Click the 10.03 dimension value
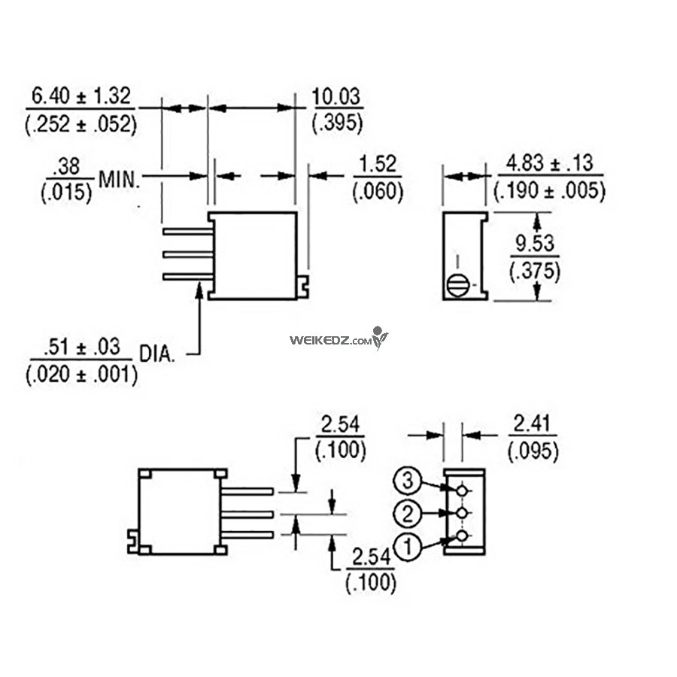pos(336,96)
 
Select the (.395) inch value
pos(337,123)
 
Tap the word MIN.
pos(120,179)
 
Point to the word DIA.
pos(157,354)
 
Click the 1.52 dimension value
pos(378,165)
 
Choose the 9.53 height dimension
pos(535,244)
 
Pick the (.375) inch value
pos(535,271)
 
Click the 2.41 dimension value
pos(532,424)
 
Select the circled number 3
pos(407,481)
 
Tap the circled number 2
pos(407,514)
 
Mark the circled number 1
pos(408,548)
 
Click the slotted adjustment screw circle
pos(457,285)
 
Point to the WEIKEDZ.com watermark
pos(338,339)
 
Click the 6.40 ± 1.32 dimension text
pos(81,96)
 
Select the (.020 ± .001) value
pos(81,374)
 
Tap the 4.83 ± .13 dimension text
pos(550,164)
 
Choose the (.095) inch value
pos(533,451)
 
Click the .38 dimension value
pos(68,167)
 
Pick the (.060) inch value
pos(378,191)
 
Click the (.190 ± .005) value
pos(549,190)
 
